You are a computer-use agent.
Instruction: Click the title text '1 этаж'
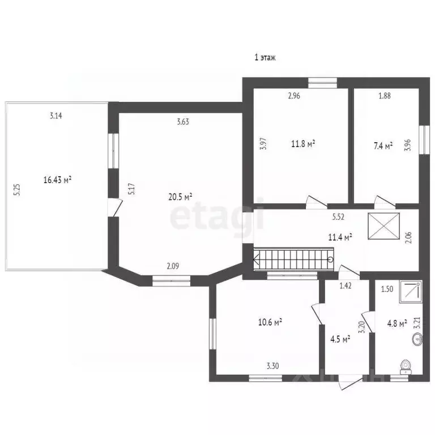coord(264,58)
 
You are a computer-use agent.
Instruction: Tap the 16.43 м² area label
coord(57,180)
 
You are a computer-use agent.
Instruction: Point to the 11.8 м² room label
coord(303,144)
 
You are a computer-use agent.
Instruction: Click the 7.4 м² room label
coord(383,147)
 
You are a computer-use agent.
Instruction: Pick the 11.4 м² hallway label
coord(341,237)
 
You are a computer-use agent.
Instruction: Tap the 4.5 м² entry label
coord(340,339)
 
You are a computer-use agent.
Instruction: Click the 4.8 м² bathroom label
coord(396,323)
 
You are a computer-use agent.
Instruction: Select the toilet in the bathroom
coord(406,368)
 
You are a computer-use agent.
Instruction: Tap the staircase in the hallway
coord(292,262)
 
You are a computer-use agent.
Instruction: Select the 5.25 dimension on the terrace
coord(18,189)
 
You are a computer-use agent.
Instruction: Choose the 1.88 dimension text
coord(384,96)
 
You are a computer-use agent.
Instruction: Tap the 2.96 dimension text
coord(293,96)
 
